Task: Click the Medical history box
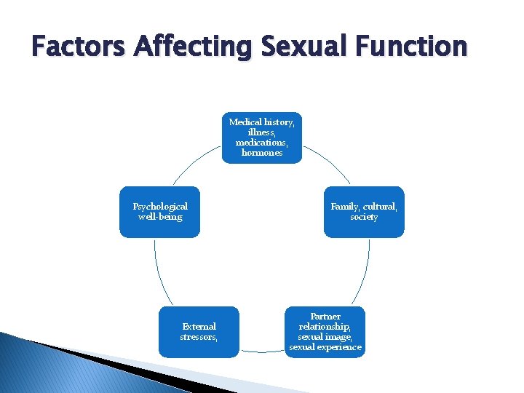[x=262, y=138]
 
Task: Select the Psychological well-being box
[x=159, y=212]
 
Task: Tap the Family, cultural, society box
[x=364, y=212]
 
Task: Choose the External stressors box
[x=199, y=332]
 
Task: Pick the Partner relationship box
[x=325, y=332]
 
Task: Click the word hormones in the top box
[x=262, y=153]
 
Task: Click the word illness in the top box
[x=262, y=132]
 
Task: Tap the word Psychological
[x=160, y=207]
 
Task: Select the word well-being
[x=160, y=217]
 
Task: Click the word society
[x=364, y=217]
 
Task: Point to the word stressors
[x=199, y=337]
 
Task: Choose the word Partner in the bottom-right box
[x=325, y=317]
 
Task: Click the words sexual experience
[x=325, y=347]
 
